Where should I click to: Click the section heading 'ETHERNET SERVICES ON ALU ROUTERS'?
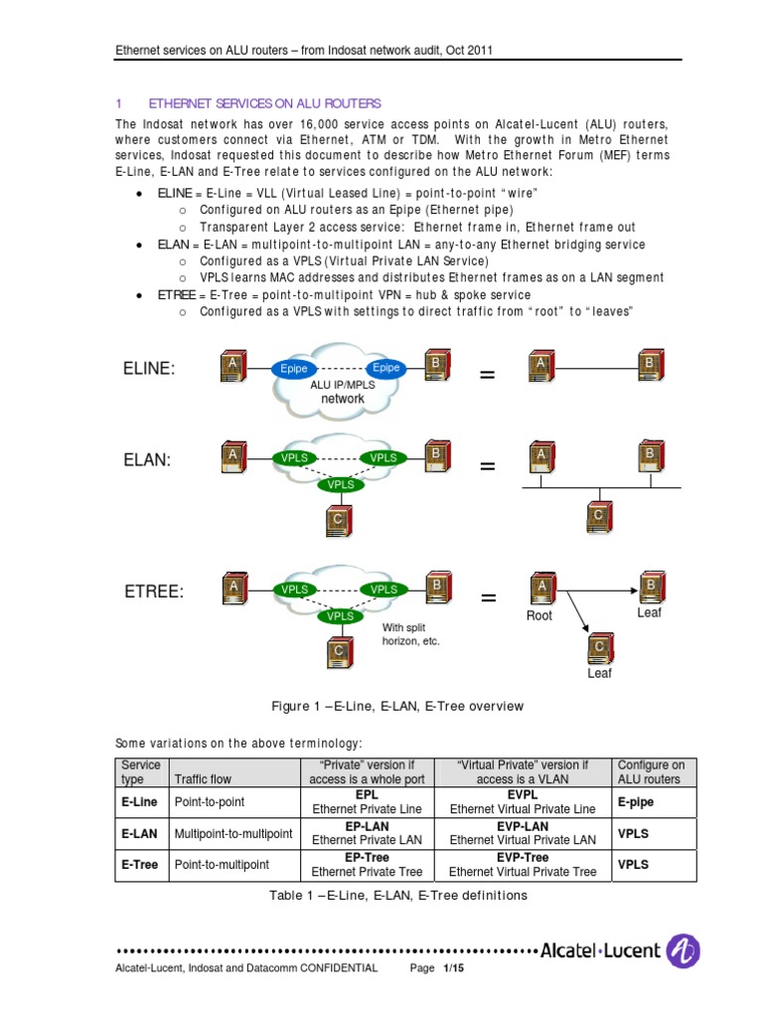coord(263,103)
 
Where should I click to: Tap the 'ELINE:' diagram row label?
coord(149,369)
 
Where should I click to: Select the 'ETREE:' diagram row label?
coord(154,592)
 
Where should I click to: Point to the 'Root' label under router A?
coord(538,615)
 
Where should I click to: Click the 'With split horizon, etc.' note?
coord(410,634)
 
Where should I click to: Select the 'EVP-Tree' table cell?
coord(523,865)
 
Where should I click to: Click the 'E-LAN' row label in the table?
coord(141,834)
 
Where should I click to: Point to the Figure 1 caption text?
coord(397,706)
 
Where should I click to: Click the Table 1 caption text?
coord(397,895)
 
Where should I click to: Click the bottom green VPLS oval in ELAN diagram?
coord(341,484)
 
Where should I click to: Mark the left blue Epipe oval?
coord(293,369)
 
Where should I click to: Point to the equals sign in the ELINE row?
coord(487,375)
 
